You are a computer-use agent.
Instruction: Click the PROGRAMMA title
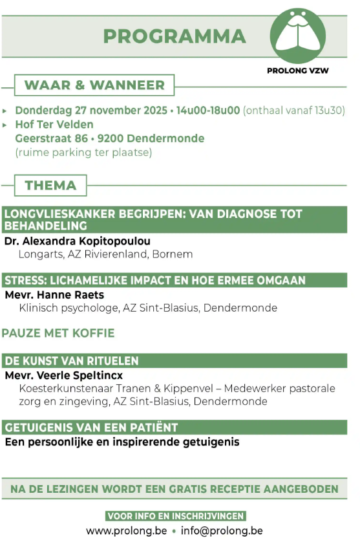(174, 36)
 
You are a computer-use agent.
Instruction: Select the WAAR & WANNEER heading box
(94, 85)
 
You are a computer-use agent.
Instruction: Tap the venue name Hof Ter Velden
(54, 124)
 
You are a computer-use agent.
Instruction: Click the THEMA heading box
(50, 186)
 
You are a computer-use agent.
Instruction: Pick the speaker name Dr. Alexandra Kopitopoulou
(77, 241)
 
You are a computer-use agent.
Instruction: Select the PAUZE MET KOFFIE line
(58, 334)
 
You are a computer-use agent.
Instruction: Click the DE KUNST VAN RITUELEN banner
(72, 361)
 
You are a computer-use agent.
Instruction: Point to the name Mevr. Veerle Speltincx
(63, 375)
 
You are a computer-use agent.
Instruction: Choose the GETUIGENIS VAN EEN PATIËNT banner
(91, 428)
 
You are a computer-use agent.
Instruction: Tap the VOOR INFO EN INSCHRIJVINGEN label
(175, 516)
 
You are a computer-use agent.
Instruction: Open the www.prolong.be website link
(126, 531)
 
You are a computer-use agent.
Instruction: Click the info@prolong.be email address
(222, 531)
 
